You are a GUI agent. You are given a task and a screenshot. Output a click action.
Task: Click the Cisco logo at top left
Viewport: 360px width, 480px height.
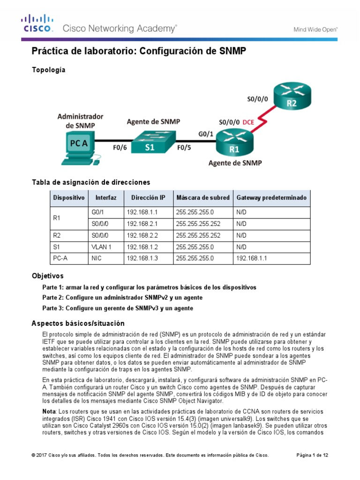tap(38, 23)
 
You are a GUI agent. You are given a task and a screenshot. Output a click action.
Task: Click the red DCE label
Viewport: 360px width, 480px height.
tap(249, 122)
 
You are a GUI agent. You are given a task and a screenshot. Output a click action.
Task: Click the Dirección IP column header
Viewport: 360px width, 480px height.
tap(148, 198)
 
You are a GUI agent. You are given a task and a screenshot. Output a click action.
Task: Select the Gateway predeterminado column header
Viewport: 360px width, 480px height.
tap(271, 198)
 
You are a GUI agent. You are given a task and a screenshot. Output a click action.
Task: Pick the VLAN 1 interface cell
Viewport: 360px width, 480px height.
tap(101, 246)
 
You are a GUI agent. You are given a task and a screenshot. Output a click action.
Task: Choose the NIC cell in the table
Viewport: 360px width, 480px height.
tap(97, 257)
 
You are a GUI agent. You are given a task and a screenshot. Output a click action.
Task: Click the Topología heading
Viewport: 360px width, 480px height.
tap(48, 70)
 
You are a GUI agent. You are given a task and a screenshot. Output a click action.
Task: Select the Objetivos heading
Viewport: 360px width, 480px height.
tap(47, 276)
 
